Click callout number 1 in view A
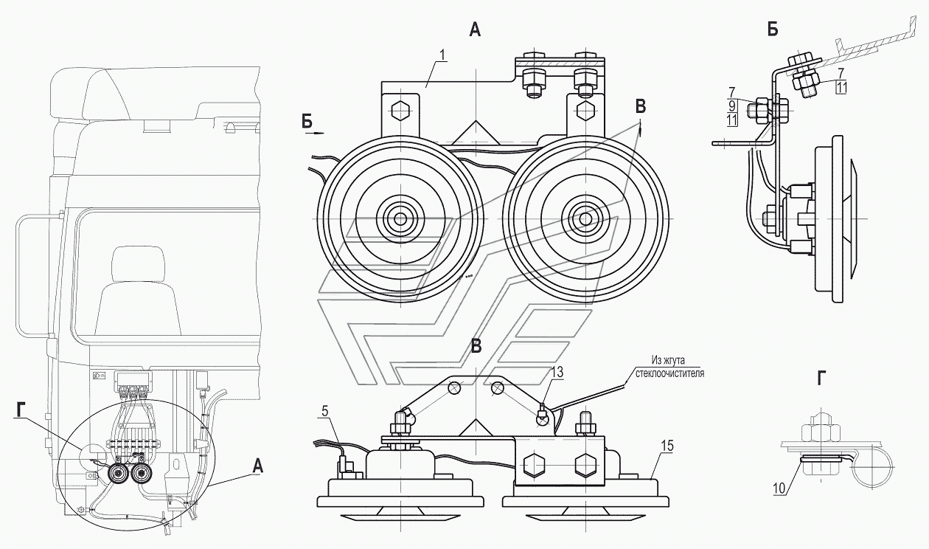point(442,55)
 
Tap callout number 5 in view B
point(324,411)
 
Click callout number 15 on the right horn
point(668,446)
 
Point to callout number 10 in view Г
point(779,488)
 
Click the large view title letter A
point(475,30)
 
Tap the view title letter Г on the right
point(821,378)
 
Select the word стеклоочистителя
point(669,373)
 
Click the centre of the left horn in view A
point(400,218)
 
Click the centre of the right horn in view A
point(585,218)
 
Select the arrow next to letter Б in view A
point(316,134)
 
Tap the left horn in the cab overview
point(119,473)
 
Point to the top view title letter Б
point(773,30)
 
